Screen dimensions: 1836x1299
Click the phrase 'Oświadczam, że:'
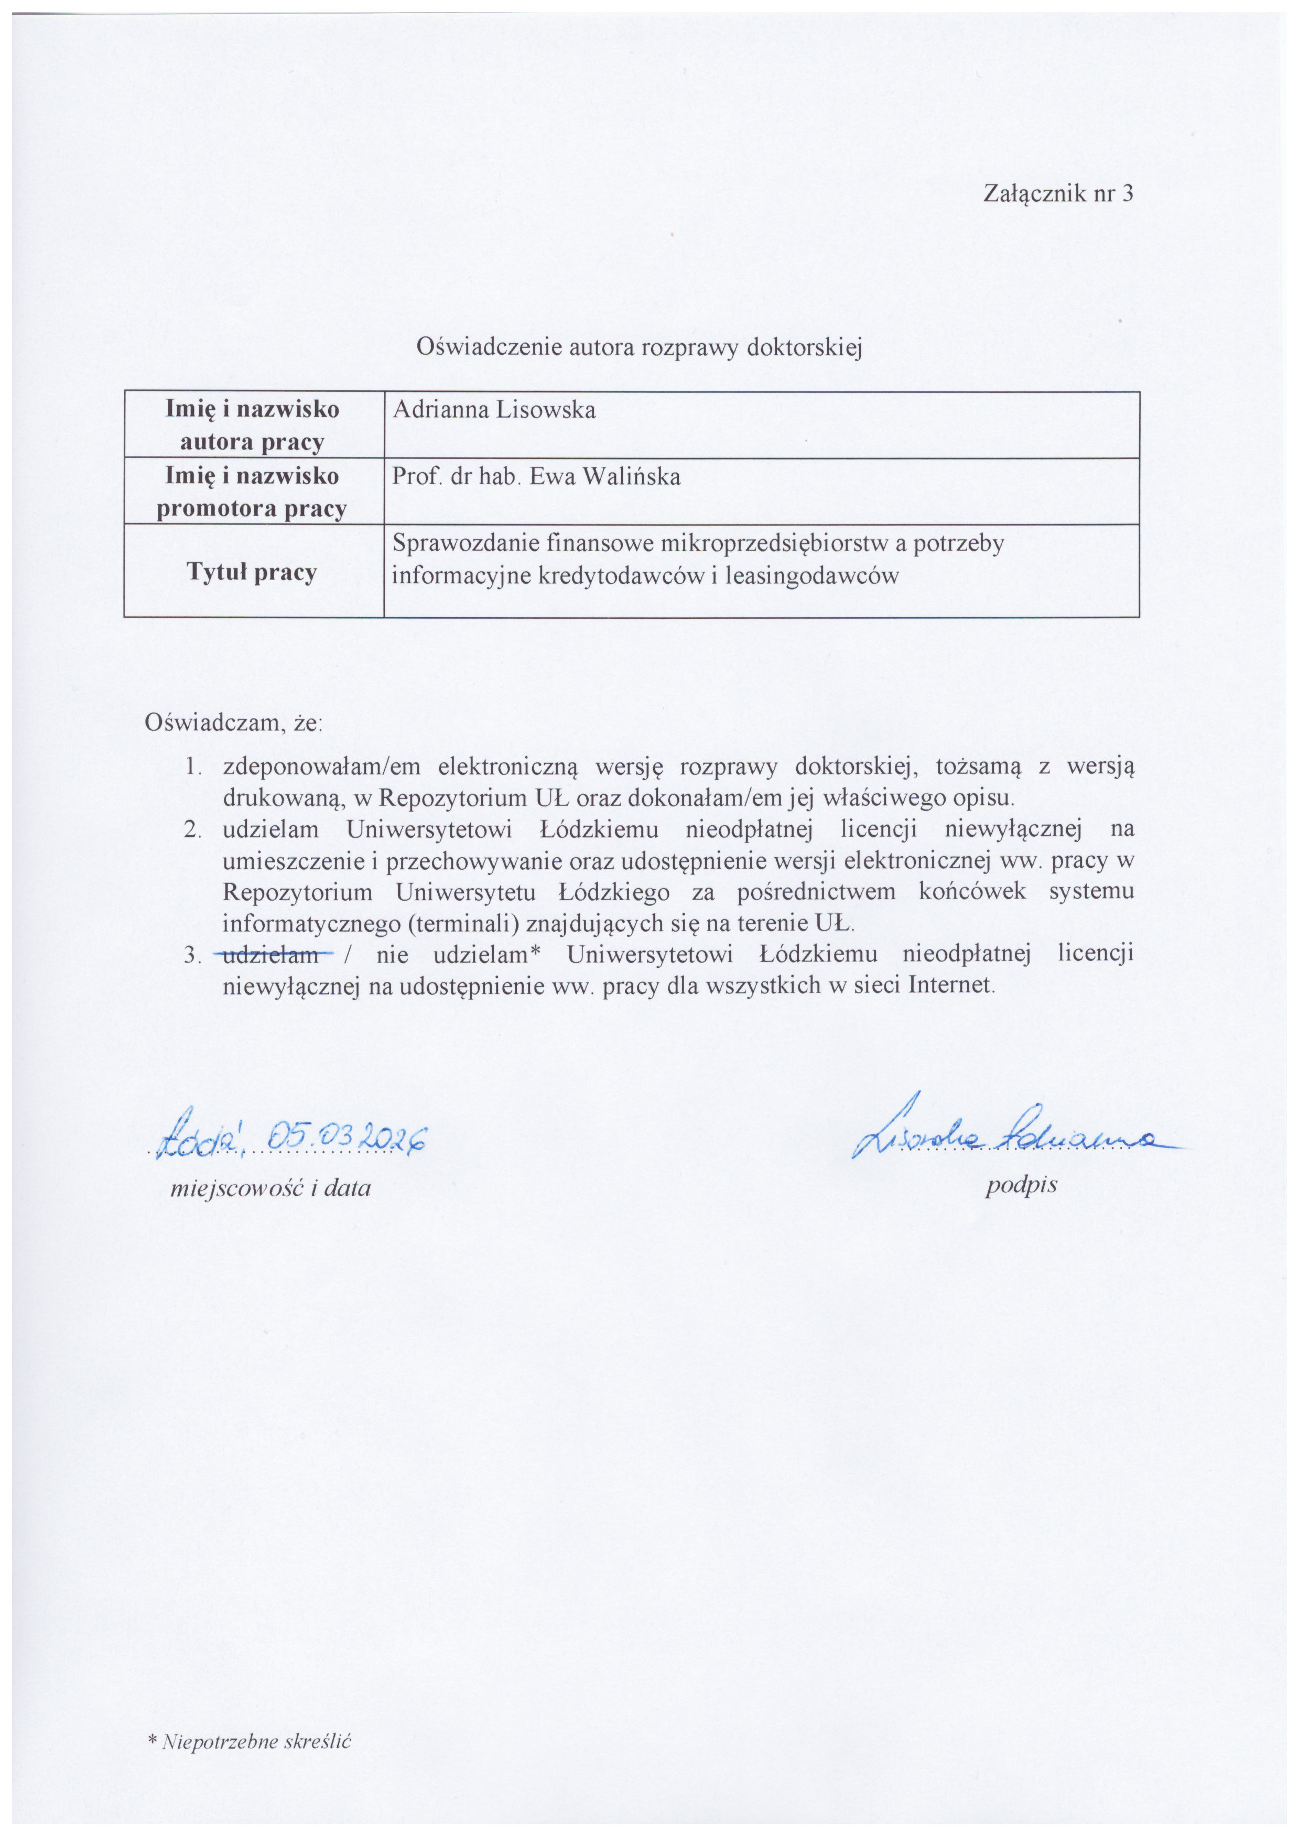pos(233,724)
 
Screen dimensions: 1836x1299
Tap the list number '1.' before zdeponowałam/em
pos(192,767)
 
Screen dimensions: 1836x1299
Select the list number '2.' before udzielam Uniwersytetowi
pos(192,829)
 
